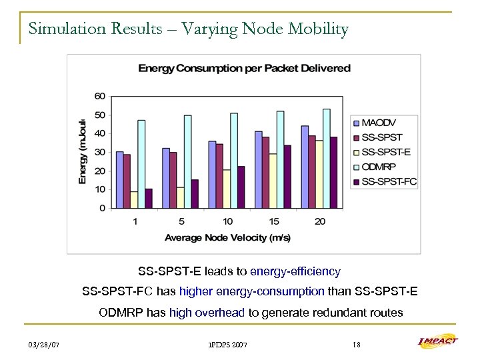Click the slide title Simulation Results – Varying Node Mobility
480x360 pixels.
point(188,30)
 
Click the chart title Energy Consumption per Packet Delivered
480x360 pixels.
point(244,68)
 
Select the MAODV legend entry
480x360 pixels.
point(379,122)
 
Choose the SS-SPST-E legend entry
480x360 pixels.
point(384,152)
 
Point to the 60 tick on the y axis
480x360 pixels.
point(99,96)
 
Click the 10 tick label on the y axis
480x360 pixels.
point(99,189)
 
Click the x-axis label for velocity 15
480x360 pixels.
point(273,221)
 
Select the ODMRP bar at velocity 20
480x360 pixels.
point(326,159)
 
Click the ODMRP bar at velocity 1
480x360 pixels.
point(141,164)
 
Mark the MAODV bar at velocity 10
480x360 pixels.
point(211,175)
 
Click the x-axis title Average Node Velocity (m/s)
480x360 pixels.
point(227,237)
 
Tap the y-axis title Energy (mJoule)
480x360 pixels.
point(82,151)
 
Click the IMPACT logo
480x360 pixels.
point(437,342)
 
